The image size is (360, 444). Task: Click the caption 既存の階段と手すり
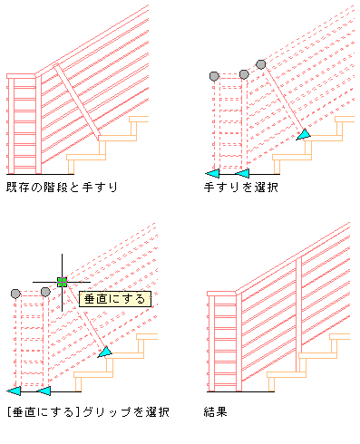tap(62, 188)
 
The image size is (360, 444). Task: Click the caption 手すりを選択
tap(240, 188)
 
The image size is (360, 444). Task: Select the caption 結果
tap(215, 411)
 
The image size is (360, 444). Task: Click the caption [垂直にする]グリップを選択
tap(88, 412)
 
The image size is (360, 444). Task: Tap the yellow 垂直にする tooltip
tap(115, 299)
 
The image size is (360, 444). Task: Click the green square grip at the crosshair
tap(62, 282)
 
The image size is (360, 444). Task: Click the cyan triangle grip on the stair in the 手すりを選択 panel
tap(304, 135)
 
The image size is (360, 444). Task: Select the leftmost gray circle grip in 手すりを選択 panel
tap(214, 76)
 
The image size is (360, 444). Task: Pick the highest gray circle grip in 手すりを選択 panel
tap(261, 64)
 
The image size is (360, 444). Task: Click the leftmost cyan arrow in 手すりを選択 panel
tap(212, 174)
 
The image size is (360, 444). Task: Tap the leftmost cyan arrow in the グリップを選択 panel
tap(14, 391)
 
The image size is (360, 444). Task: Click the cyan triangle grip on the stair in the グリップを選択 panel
tap(105, 352)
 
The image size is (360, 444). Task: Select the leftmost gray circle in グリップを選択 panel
tap(15, 294)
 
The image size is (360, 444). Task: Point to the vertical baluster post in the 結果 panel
tap(298, 314)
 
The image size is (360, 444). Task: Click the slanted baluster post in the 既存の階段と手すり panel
tap(77, 101)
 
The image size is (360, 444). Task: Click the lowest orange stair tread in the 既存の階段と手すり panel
tap(86, 158)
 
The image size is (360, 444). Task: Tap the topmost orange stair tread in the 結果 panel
tap(340, 337)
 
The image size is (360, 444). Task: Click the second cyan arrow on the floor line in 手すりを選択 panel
tap(242, 174)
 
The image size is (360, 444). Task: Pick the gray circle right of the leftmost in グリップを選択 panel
tap(45, 292)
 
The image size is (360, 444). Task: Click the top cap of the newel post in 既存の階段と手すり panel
tap(21, 76)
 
